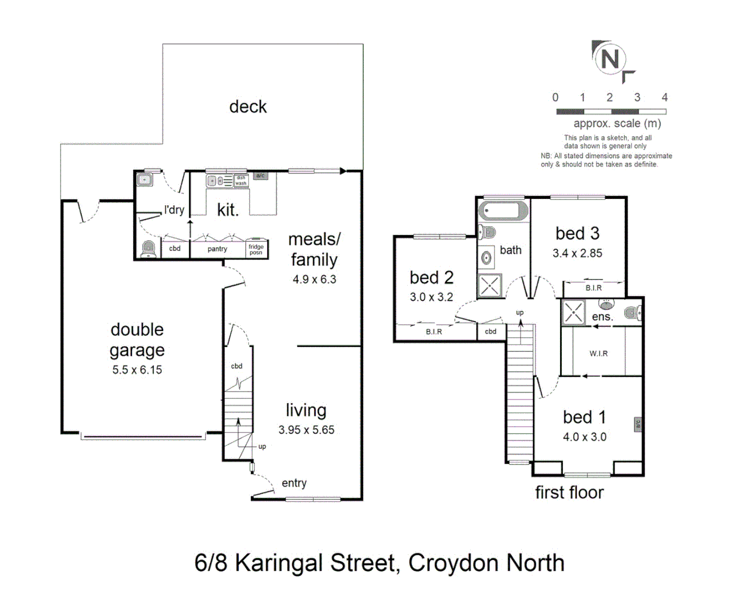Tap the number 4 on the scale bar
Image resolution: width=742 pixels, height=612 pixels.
tap(664, 97)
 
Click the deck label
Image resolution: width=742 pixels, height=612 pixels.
tap(248, 107)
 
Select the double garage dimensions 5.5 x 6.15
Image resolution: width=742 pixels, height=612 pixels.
tap(137, 370)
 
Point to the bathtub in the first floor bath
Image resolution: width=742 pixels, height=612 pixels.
tap(503, 211)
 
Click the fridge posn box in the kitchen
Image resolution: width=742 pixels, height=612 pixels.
tap(257, 248)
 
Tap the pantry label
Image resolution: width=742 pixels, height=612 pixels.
tap(217, 249)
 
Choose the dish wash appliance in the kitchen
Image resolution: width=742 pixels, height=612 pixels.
tap(241, 181)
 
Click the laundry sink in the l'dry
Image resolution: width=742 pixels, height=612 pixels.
tap(144, 180)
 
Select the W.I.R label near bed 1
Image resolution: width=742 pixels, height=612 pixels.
tap(599, 354)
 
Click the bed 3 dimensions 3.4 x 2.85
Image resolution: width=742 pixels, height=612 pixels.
tap(577, 253)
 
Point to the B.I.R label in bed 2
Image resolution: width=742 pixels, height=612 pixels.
tap(434, 331)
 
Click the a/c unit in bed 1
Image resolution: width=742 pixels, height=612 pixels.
tap(638, 424)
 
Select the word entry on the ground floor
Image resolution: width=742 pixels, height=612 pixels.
tap(294, 483)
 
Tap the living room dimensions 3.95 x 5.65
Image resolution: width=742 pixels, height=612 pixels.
tap(306, 430)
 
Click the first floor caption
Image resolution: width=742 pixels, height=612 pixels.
tap(569, 492)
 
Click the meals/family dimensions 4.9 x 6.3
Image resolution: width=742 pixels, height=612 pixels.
tap(314, 279)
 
